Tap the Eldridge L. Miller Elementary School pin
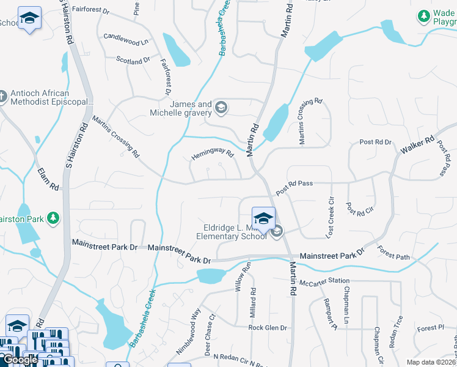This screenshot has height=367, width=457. pos(263,219)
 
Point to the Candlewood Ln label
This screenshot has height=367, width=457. pos(126,39)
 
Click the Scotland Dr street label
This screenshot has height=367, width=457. pos(133,61)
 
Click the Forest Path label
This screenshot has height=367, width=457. pos(393,253)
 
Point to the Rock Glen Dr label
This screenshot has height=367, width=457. pos(267,327)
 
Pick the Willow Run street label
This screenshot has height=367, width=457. pos(245,276)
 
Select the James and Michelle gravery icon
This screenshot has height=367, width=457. pos(221,108)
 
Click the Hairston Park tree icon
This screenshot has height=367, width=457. pos(54,218)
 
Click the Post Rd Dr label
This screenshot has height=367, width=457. pos(375,142)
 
